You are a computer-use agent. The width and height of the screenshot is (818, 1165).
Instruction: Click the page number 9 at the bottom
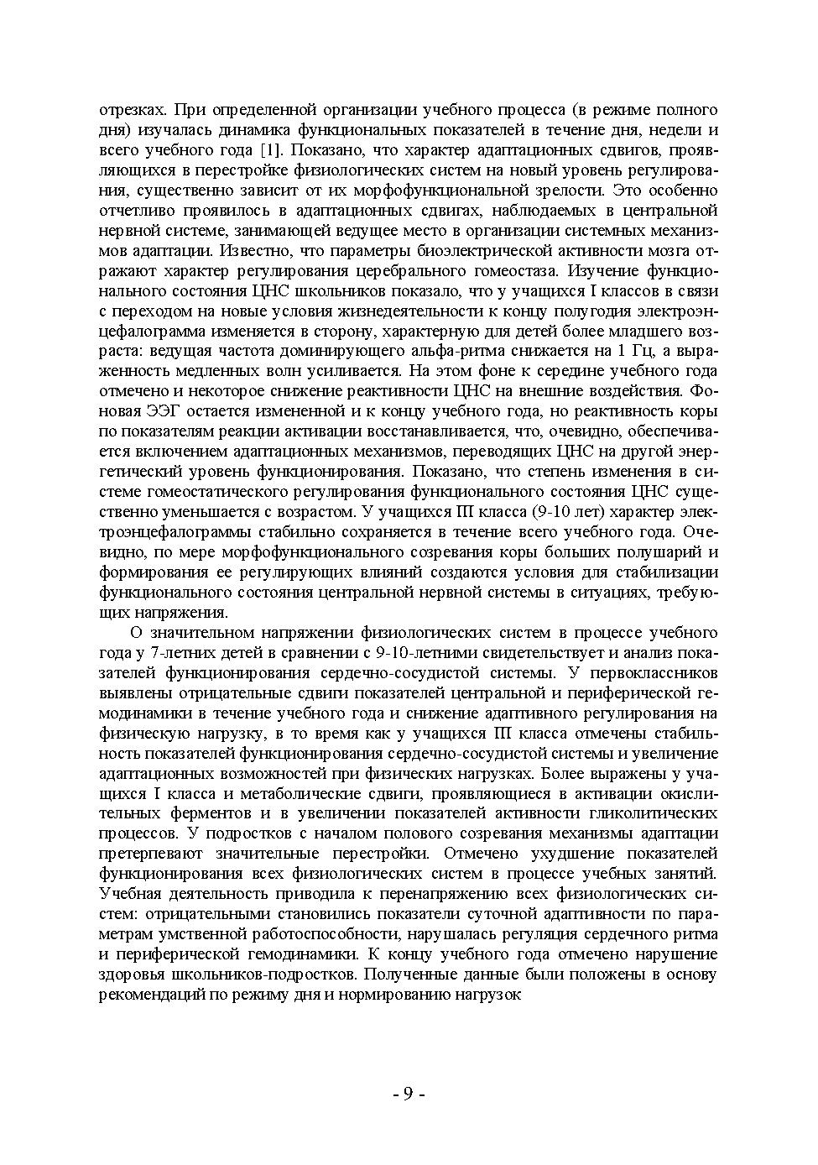pos(409,1094)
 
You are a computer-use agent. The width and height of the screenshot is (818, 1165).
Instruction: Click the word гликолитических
pos(657,814)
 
